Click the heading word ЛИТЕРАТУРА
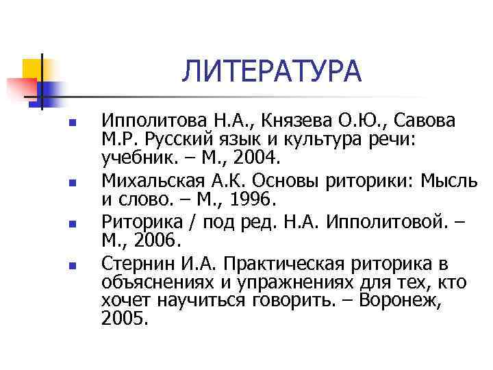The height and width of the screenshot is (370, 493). (x=272, y=71)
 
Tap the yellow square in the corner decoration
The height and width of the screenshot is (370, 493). (x=33, y=69)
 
